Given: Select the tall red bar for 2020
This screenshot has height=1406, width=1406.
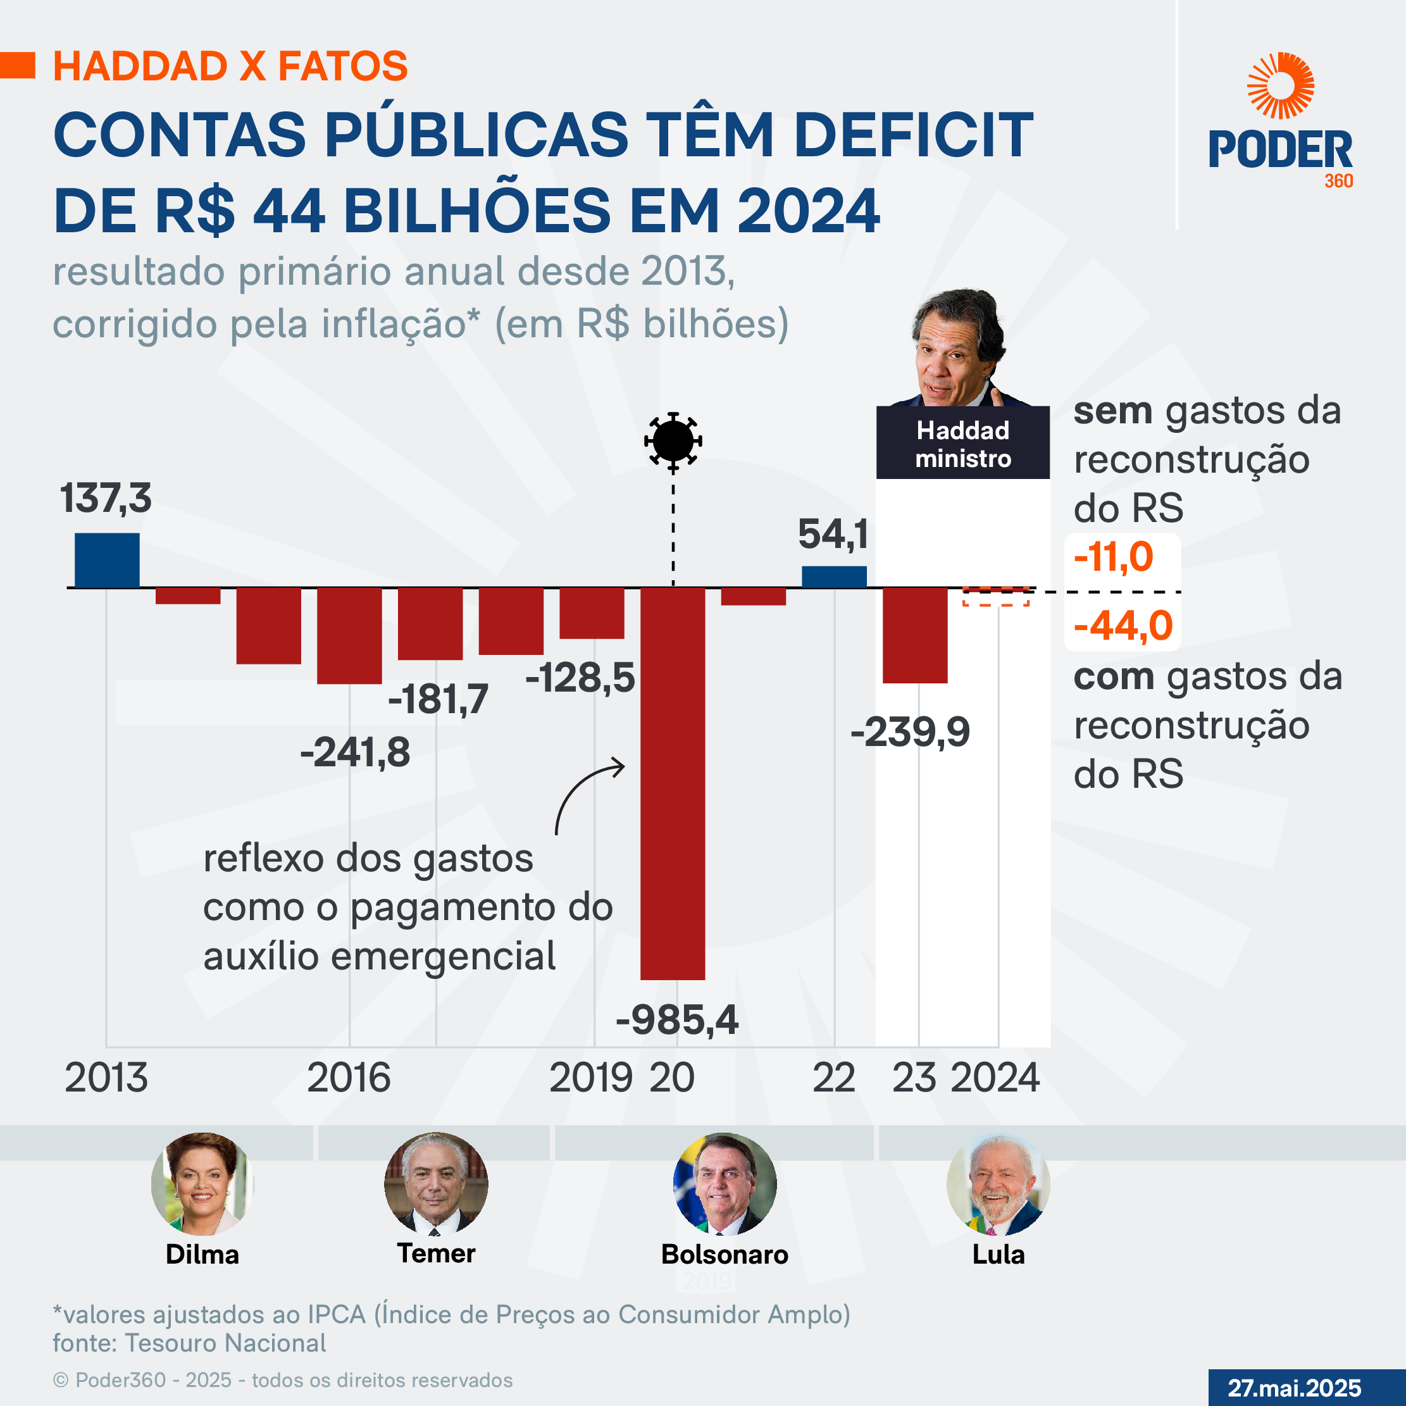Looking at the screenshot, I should click(x=673, y=782).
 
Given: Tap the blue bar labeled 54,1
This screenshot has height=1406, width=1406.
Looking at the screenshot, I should click(x=834, y=576).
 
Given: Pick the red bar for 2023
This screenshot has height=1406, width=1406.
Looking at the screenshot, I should click(x=915, y=635).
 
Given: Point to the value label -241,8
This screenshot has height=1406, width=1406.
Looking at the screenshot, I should click(x=355, y=752).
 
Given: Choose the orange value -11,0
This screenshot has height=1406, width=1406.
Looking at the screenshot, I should click(x=1114, y=557).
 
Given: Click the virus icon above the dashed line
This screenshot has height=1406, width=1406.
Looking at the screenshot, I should click(x=673, y=440).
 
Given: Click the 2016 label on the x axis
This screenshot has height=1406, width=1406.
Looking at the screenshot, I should click(x=349, y=1078).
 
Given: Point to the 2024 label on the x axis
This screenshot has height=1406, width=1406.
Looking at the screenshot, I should click(x=995, y=1078).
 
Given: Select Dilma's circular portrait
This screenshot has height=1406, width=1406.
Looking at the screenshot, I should click(x=202, y=1183).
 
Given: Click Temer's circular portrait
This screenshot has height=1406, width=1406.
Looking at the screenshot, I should click(x=436, y=1183).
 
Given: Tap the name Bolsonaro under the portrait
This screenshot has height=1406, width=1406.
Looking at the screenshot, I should click(x=724, y=1254).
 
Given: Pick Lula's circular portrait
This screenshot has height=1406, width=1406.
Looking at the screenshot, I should click(x=998, y=1183).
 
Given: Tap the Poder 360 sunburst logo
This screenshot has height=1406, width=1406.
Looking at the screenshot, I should click(x=1280, y=86).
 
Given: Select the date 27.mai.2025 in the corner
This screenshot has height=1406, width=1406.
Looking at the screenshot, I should click(x=1294, y=1387).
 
